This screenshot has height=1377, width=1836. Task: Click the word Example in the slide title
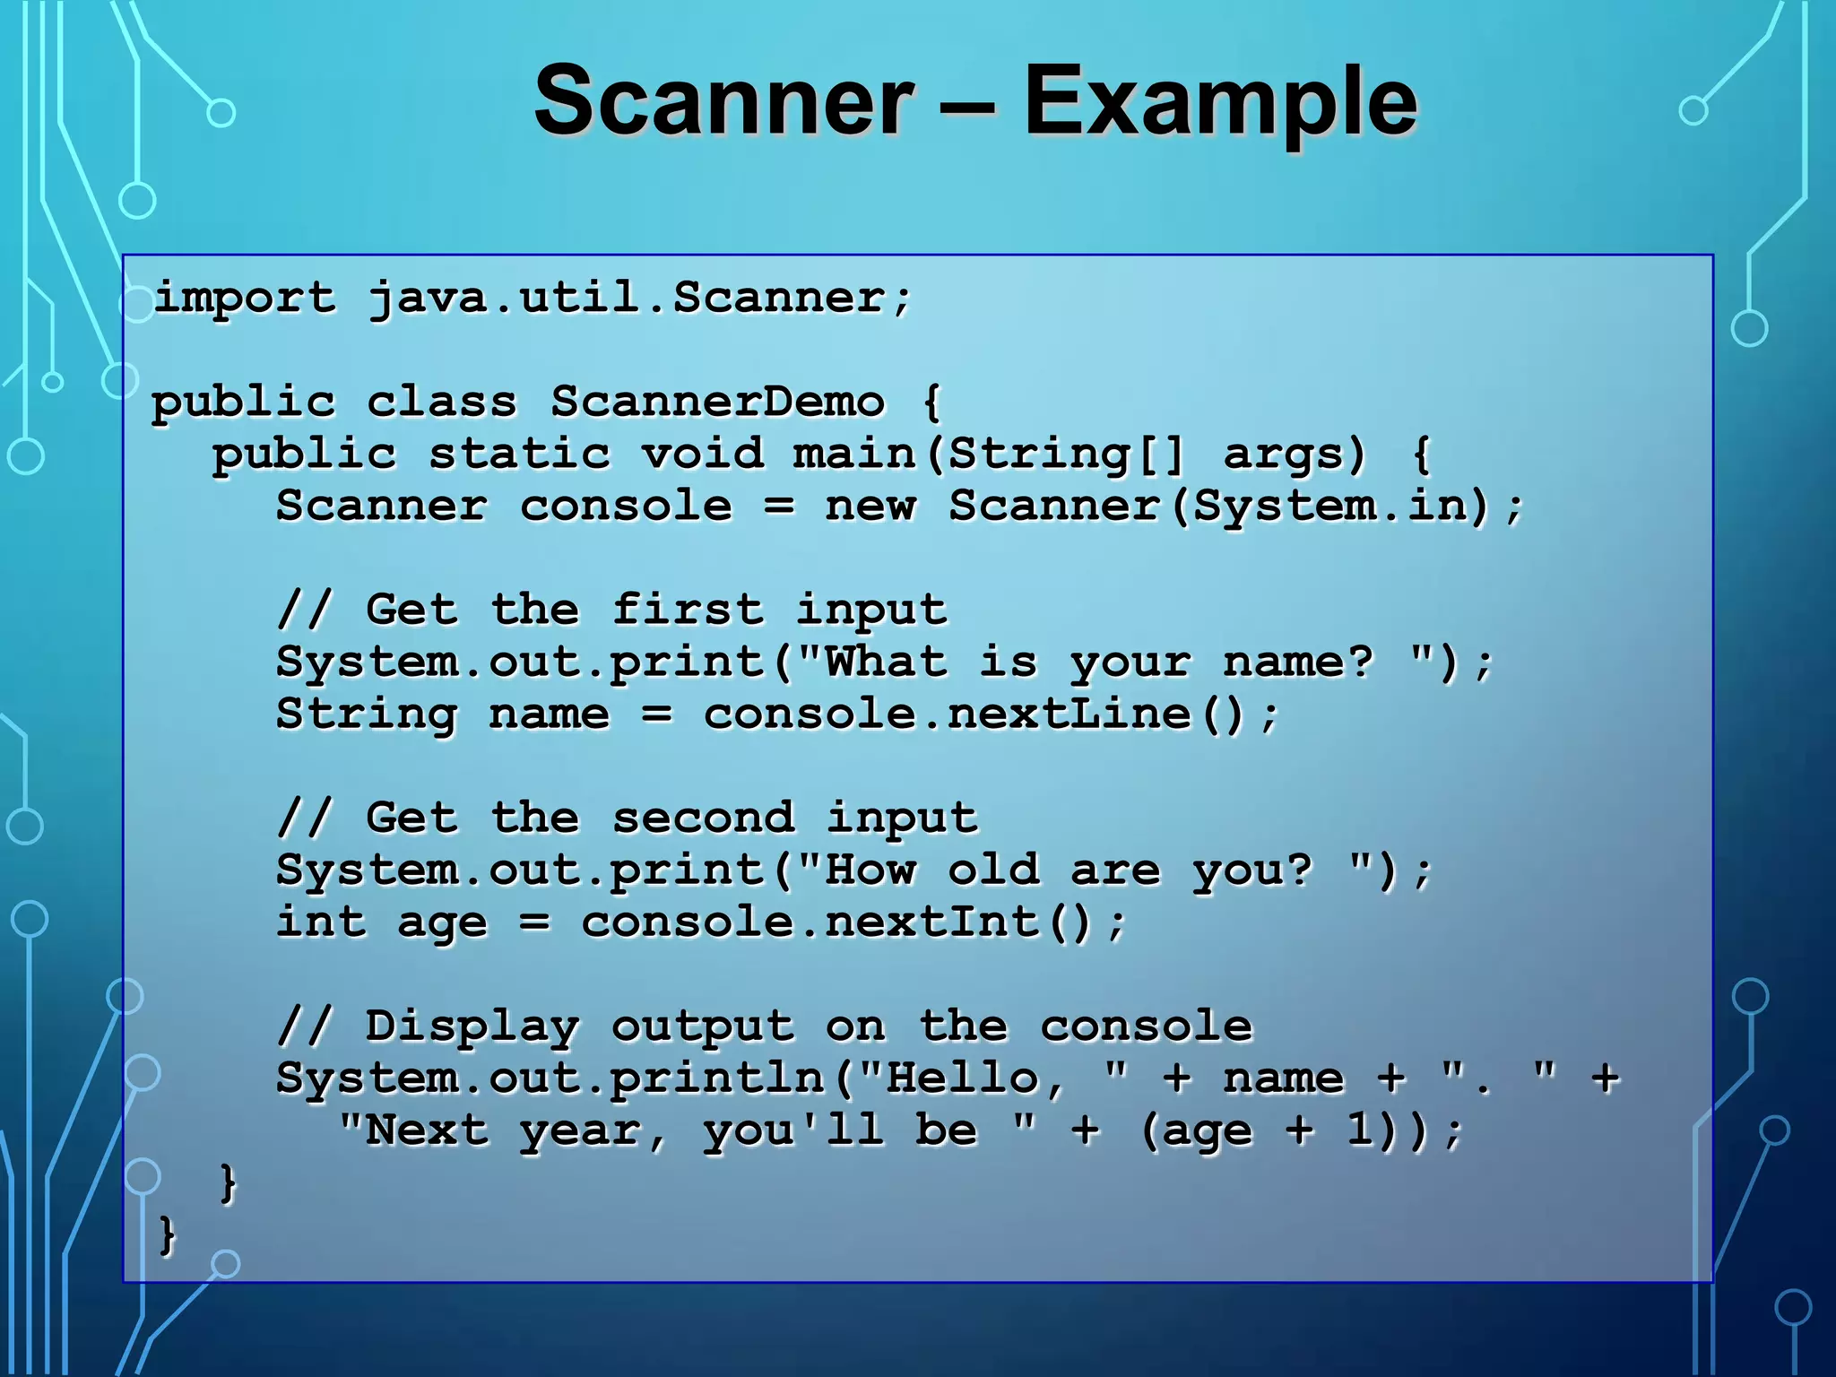coord(1220,100)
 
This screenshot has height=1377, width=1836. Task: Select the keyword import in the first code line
coord(244,299)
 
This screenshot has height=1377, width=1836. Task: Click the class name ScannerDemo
coord(717,402)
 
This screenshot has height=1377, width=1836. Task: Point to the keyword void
coord(703,454)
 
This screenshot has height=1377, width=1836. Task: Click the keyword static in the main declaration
coord(519,454)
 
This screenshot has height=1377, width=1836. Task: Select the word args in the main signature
coord(1294,455)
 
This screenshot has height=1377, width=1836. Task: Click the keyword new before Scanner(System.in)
coord(870,506)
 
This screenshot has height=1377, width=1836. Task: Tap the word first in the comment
coord(688,610)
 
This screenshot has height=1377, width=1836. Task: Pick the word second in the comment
coord(703,818)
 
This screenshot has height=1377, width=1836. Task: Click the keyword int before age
coord(321,922)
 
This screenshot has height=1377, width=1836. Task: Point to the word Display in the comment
coord(472,1027)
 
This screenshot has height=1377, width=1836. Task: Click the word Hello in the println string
coord(960,1078)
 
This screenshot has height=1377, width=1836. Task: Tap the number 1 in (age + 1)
coord(1359,1130)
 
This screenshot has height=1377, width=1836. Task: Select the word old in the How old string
coord(993,870)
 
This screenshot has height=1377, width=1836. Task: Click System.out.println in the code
coord(550,1078)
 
